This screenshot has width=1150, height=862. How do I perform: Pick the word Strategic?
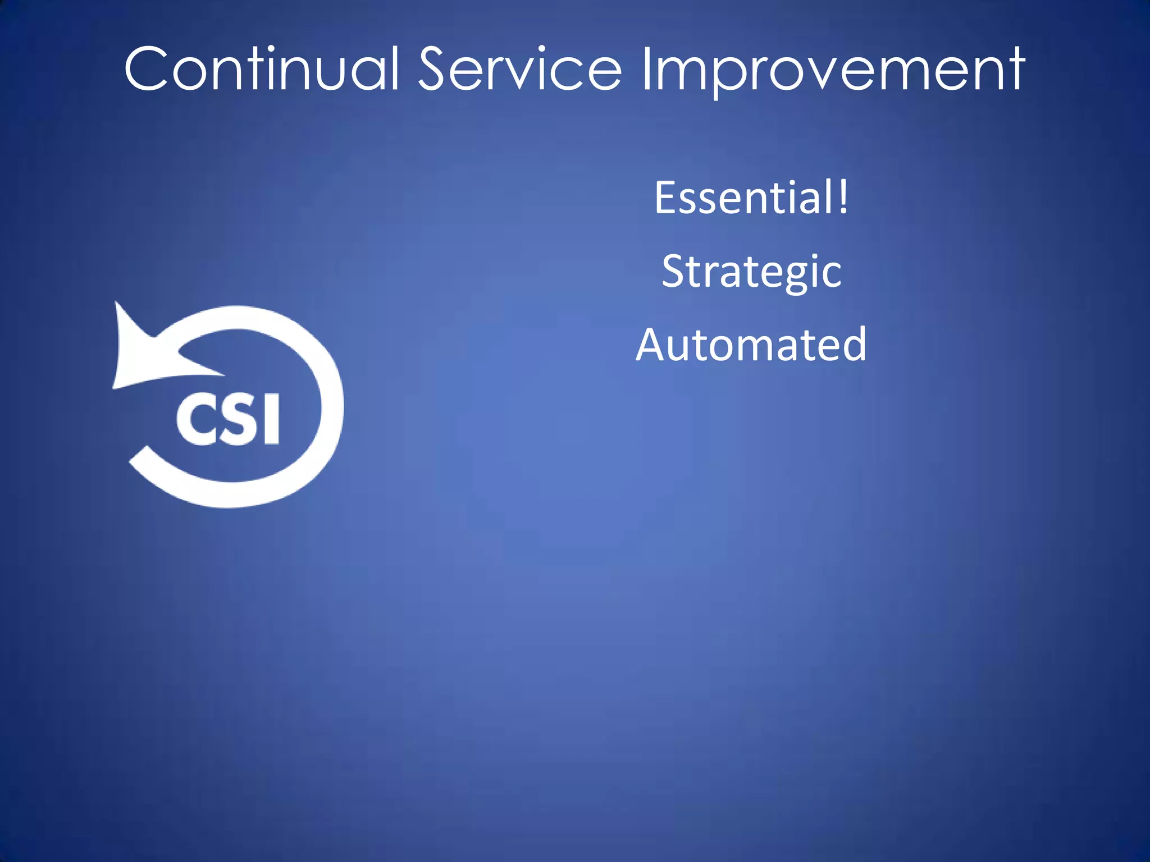pyautogui.click(x=751, y=272)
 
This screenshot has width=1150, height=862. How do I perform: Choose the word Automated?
pyautogui.click(x=751, y=345)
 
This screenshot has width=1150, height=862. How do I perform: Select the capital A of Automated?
pyautogui.click(x=653, y=345)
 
